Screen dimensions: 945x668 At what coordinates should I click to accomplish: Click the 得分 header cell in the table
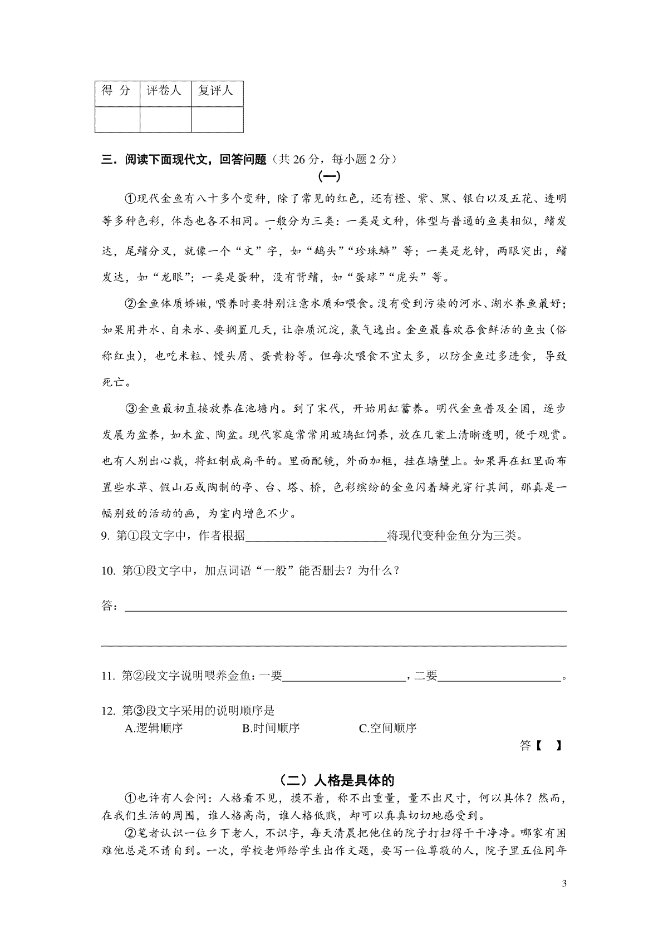pos(117,90)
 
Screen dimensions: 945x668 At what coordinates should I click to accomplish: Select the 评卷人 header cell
pos(165,90)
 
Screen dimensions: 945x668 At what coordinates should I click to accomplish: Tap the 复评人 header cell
pos(217,90)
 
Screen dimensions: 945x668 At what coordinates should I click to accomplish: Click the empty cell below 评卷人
pos(165,120)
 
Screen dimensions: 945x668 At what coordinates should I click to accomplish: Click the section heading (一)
pos(328,177)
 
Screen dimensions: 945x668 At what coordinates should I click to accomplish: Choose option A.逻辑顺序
pos(154,728)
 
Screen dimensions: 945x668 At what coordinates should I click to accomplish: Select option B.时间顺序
pos(271,728)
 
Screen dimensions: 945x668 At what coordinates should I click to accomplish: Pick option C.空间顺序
pos(388,728)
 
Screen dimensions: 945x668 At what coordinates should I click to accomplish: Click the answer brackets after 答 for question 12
pos(548,746)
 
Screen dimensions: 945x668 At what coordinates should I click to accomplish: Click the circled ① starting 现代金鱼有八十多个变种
pos(130,199)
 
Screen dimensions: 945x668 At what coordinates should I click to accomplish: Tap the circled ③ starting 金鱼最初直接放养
pos(130,408)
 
